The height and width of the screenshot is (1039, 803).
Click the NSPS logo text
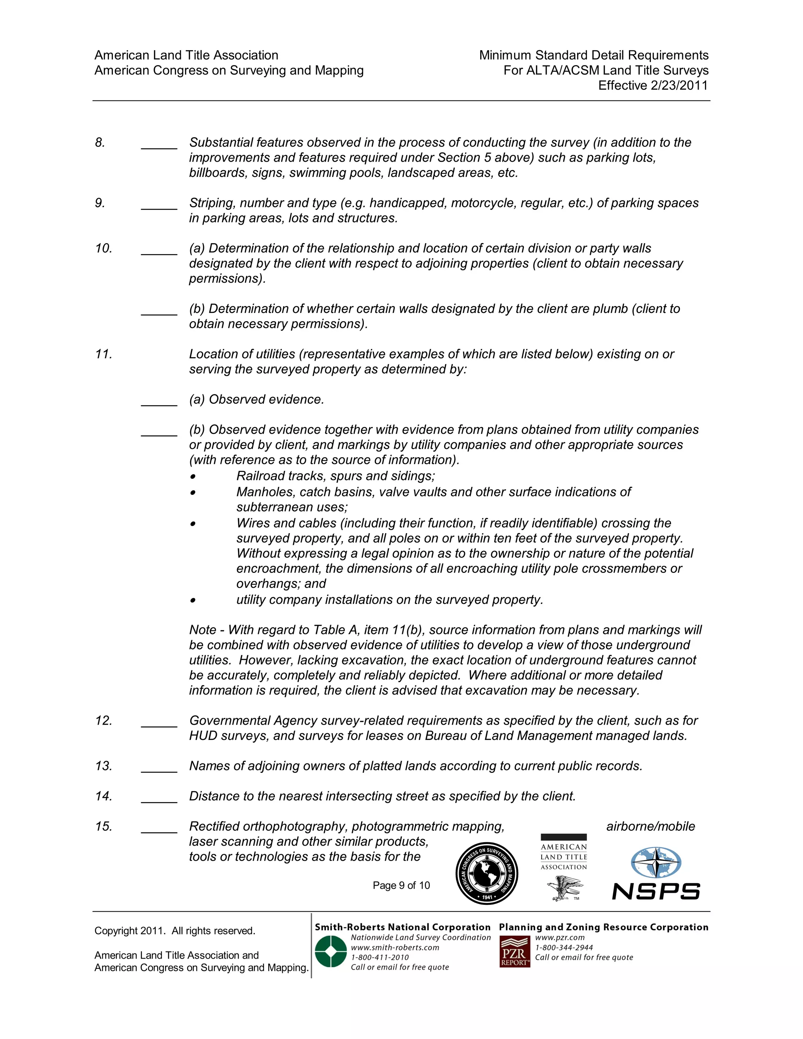[x=656, y=891]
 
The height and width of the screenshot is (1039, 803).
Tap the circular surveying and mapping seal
[x=486, y=874]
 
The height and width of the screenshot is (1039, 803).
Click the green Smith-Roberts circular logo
[x=331, y=952]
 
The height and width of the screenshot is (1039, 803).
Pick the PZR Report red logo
[x=515, y=952]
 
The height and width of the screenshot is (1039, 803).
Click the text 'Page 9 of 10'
[x=401, y=885]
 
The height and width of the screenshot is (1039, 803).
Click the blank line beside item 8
[x=159, y=147]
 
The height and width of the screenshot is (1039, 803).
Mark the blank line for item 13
[x=159, y=771]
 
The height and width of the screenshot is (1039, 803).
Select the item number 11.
[x=104, y=354]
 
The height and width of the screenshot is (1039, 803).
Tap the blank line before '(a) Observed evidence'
[x=159, y=404]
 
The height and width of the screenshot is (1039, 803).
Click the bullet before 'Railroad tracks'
[x=193, y=477]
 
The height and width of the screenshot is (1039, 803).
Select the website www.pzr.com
[x=560, y=937]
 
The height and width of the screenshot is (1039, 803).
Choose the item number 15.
[x=104, y=826]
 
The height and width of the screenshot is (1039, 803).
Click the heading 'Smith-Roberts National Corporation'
[x=402, y=927]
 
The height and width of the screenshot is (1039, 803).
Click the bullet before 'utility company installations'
[x=193, y=600]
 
